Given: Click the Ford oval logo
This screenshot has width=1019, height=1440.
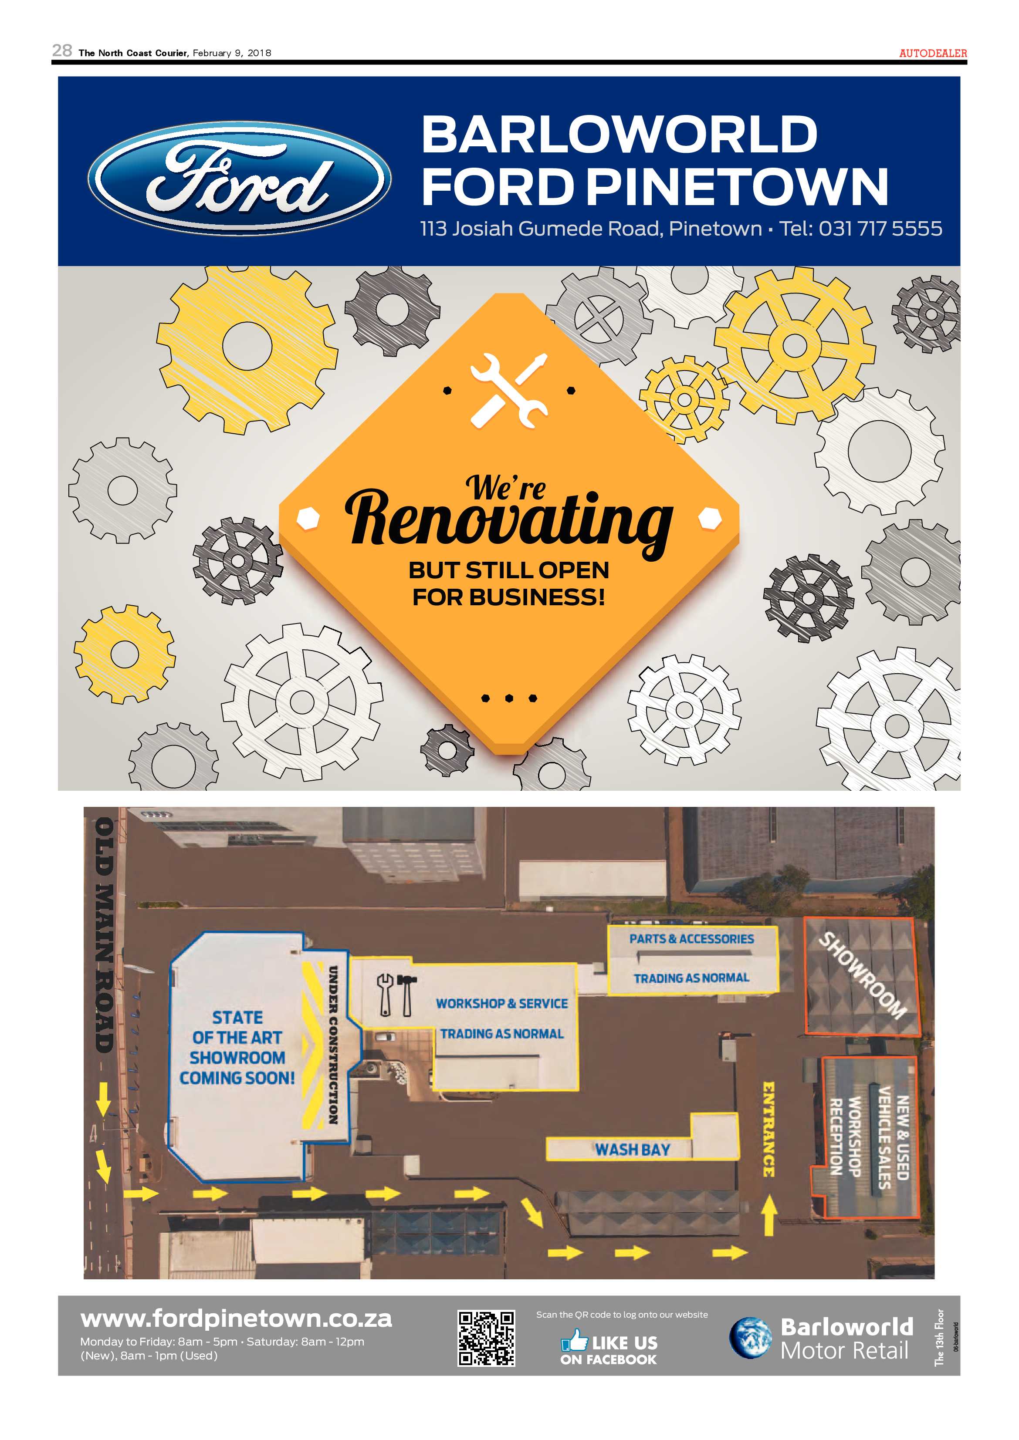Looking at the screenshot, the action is click(239, 178).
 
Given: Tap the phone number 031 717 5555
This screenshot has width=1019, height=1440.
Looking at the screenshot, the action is click(880, 228).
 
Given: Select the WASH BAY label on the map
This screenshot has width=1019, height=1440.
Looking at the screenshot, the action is click(633, 1150).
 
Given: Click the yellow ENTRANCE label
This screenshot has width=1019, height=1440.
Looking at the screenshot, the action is click(768, 1130).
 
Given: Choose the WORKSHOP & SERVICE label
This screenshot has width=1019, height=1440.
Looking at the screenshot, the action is click(502, 1004).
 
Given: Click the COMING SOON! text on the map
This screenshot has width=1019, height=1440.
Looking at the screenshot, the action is click(237, 1078).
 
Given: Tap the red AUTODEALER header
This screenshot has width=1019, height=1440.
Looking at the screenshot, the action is click(933, 53).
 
